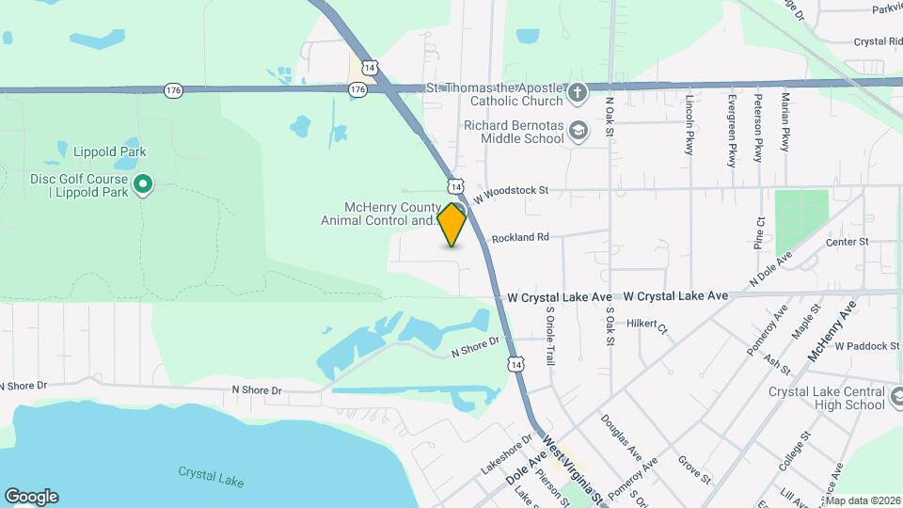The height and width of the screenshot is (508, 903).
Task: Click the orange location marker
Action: tap(452, 224)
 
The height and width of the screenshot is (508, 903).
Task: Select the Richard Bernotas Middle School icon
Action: tap(578, 131)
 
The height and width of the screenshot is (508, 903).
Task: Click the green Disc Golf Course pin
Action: tap(143, 184)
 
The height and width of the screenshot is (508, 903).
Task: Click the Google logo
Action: tap(31, 497)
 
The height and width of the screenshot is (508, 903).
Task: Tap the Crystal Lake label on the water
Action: tap(211, 478)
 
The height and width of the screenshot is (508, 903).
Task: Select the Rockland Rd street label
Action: tap(520, 238)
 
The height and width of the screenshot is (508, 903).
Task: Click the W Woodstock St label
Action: tap(511, 190)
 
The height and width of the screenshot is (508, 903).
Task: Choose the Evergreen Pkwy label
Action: tap(732, 130)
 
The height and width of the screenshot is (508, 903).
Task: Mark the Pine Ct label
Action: tap(758, 231)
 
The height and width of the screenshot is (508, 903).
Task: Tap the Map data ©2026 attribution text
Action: tap(863, 500)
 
